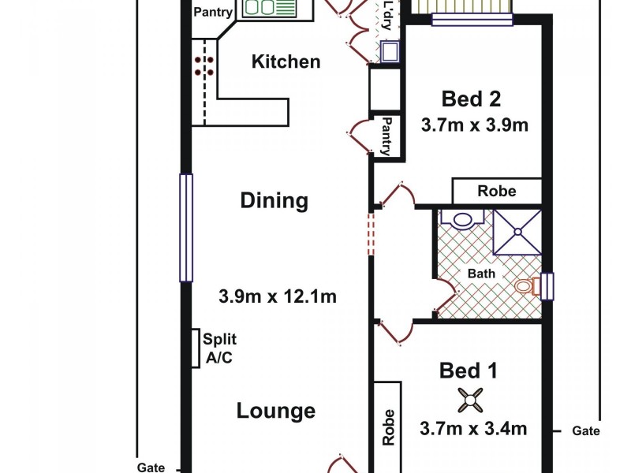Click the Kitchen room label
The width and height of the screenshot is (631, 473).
pos(286,61)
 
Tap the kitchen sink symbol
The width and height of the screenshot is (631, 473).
pos(267,8)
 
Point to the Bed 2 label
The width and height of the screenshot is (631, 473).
pos(472,99)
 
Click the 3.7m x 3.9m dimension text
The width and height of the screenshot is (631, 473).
pos(473,125)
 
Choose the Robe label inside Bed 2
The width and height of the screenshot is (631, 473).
pos(497,191)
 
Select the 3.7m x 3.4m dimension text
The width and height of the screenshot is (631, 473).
pos(473,429)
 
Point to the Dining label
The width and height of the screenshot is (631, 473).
pos(274,200)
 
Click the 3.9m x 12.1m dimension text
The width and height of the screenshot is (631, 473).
pos(278,296)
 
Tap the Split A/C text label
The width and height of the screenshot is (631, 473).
pos(220,348)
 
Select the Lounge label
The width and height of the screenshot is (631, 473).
pos(276,411)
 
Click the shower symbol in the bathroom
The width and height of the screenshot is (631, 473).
pos(517,232)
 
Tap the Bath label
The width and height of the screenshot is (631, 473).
pos(481,274)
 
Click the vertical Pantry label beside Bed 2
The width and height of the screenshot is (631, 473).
pos(386,136)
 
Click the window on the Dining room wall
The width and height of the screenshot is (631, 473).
pos(186,228)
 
